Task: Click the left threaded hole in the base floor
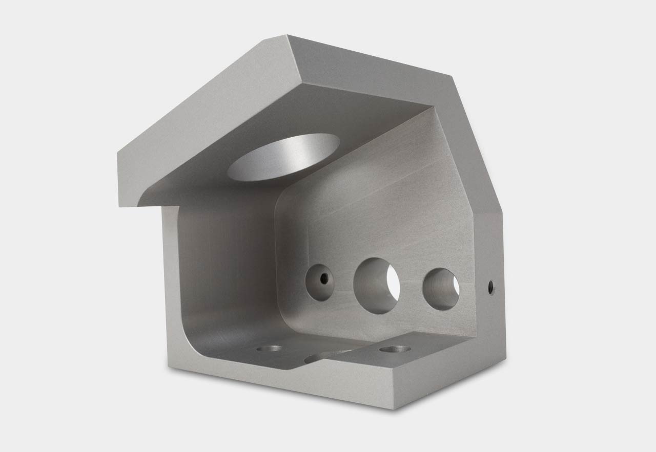click(x=269, y=349)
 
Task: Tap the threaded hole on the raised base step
click(x=395, y=350)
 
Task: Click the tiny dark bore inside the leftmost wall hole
click(x=323, y=279)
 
